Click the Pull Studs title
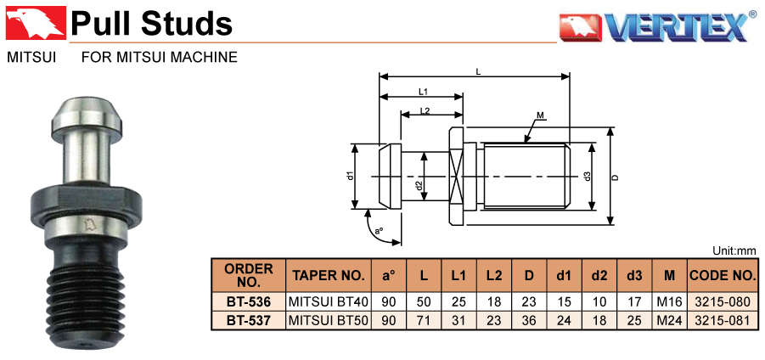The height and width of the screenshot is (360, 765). click(152, 23)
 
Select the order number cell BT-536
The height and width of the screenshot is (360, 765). click(248, 301)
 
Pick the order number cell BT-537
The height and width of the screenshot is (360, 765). click(248, 320)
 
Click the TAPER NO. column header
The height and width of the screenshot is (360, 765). click(328, 276)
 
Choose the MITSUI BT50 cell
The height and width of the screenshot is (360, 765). click(328, 320)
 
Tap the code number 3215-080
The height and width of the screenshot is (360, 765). click(722, 301)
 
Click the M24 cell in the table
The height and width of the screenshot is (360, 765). click(669, 320)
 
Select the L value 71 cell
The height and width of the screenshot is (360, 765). click(423, 320)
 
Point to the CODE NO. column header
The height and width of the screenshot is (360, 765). click(722, 276)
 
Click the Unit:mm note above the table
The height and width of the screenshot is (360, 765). click(734, 250)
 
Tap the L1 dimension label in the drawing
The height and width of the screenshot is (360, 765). click(422, 91)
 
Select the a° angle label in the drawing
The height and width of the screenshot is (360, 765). click(380, 231)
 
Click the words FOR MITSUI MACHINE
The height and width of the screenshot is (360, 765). click(159, 59)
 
